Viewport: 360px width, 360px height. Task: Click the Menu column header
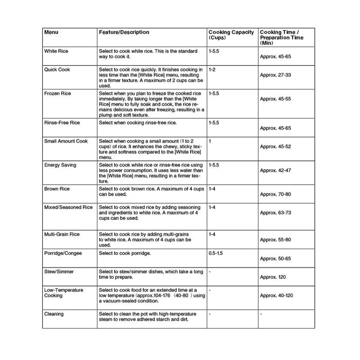pos(51,32)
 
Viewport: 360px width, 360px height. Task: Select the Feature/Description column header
pos(124,32)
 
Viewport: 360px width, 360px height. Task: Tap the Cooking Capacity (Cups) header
pos(231,35)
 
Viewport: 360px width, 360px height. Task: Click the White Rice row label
pos(56,51)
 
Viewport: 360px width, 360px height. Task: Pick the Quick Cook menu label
pos(57,69)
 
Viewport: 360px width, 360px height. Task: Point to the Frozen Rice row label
pos(58,94)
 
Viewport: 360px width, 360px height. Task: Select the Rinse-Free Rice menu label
pos(62,123)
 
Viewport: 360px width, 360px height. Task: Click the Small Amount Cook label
pos(66,141)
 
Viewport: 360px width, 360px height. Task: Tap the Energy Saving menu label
pos(60,165)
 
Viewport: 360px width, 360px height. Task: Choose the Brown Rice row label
pos(57,189)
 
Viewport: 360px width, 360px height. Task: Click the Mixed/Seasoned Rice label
pos(68,207)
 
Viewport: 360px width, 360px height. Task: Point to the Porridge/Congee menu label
pos(63,253)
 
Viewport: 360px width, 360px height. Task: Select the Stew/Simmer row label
pos(59,272)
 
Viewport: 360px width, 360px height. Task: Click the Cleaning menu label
pos(54,314)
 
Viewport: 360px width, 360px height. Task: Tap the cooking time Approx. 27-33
pos(275,75)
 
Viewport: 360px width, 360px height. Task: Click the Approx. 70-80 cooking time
pos(275,194)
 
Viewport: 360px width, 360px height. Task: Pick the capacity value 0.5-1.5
pos(215,253)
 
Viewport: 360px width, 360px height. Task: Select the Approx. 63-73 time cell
pos(275,213)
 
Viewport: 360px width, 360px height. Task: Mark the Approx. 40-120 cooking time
pos(276,296)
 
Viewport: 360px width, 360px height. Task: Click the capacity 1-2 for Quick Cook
pos(212,69)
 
